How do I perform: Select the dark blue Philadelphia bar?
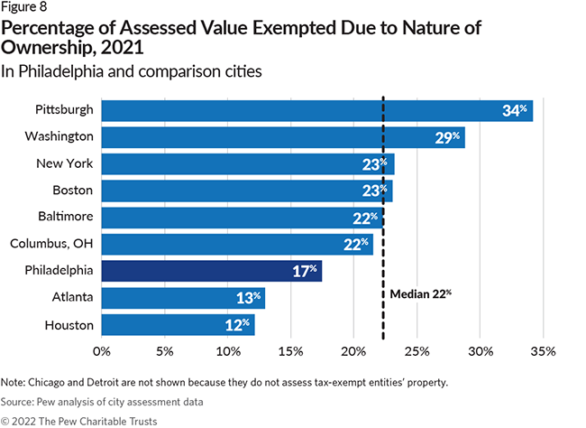[x=211, y=271]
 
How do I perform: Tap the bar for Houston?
[x=178, y=324]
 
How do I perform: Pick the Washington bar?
[x=282, y=137]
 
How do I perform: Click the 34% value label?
[x=515, y=111]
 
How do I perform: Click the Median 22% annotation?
[x=420, y=293]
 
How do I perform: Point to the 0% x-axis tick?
[x=101, y=349]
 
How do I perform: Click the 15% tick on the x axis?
[x=290, y=349]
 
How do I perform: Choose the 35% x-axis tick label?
[x=544, y=349]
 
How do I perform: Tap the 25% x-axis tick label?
[x=417, y=349]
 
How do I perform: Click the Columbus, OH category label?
[x=50, y=244]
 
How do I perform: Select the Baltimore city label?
[x=63, y=218]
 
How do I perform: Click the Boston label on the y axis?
[x=71, y=191]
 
